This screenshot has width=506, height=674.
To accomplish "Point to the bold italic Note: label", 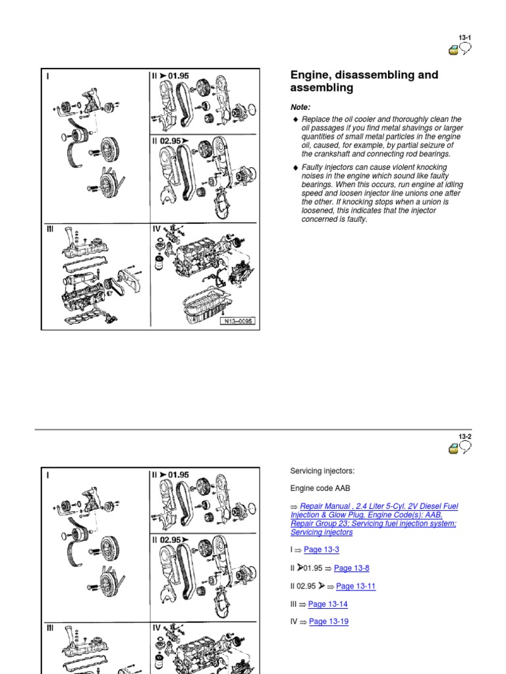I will coord(300,107).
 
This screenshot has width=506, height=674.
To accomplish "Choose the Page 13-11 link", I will coord(356,586).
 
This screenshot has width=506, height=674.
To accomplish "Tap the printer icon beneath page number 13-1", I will coord(454,50).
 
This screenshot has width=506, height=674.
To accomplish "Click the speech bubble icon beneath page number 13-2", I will coord(466,448).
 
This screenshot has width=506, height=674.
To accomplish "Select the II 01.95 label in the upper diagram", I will coord(170,76).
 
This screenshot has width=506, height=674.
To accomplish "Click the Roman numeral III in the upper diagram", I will coord(50,230).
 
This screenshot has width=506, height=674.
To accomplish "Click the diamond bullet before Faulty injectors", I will coord(296,169).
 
